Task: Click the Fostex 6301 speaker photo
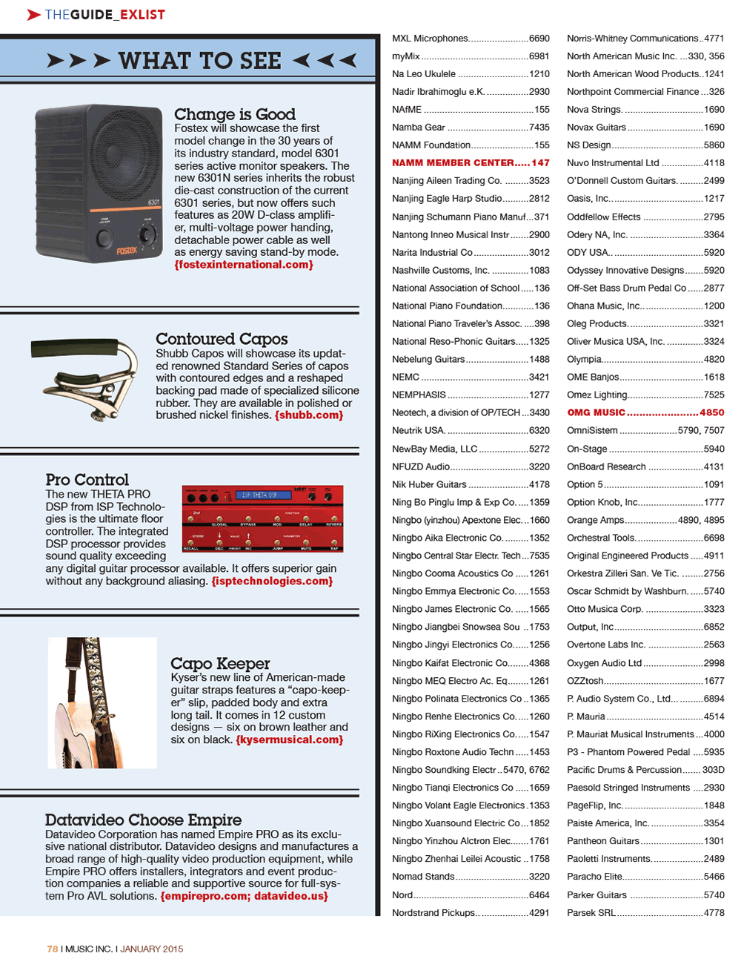point(99,183)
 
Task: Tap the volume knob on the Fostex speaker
point(147,236)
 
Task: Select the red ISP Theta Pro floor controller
point(262,518)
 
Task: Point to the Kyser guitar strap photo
point(102,702)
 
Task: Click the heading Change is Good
point(234,114)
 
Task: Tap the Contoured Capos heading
point(221,339)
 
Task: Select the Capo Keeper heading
point(220,663)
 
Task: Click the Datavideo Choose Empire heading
point(143,820)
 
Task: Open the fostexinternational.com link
point(244,265)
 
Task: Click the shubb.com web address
point(309,415)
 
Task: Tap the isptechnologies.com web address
point(272,581)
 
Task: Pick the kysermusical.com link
point(289,739)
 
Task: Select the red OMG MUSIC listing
point(596,412)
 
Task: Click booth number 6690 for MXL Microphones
point(539,38)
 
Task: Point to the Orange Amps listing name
point(596,520)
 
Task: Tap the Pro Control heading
point(87,480)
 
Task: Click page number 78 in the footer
point(52,949)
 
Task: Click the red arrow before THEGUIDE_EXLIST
point(33,14)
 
